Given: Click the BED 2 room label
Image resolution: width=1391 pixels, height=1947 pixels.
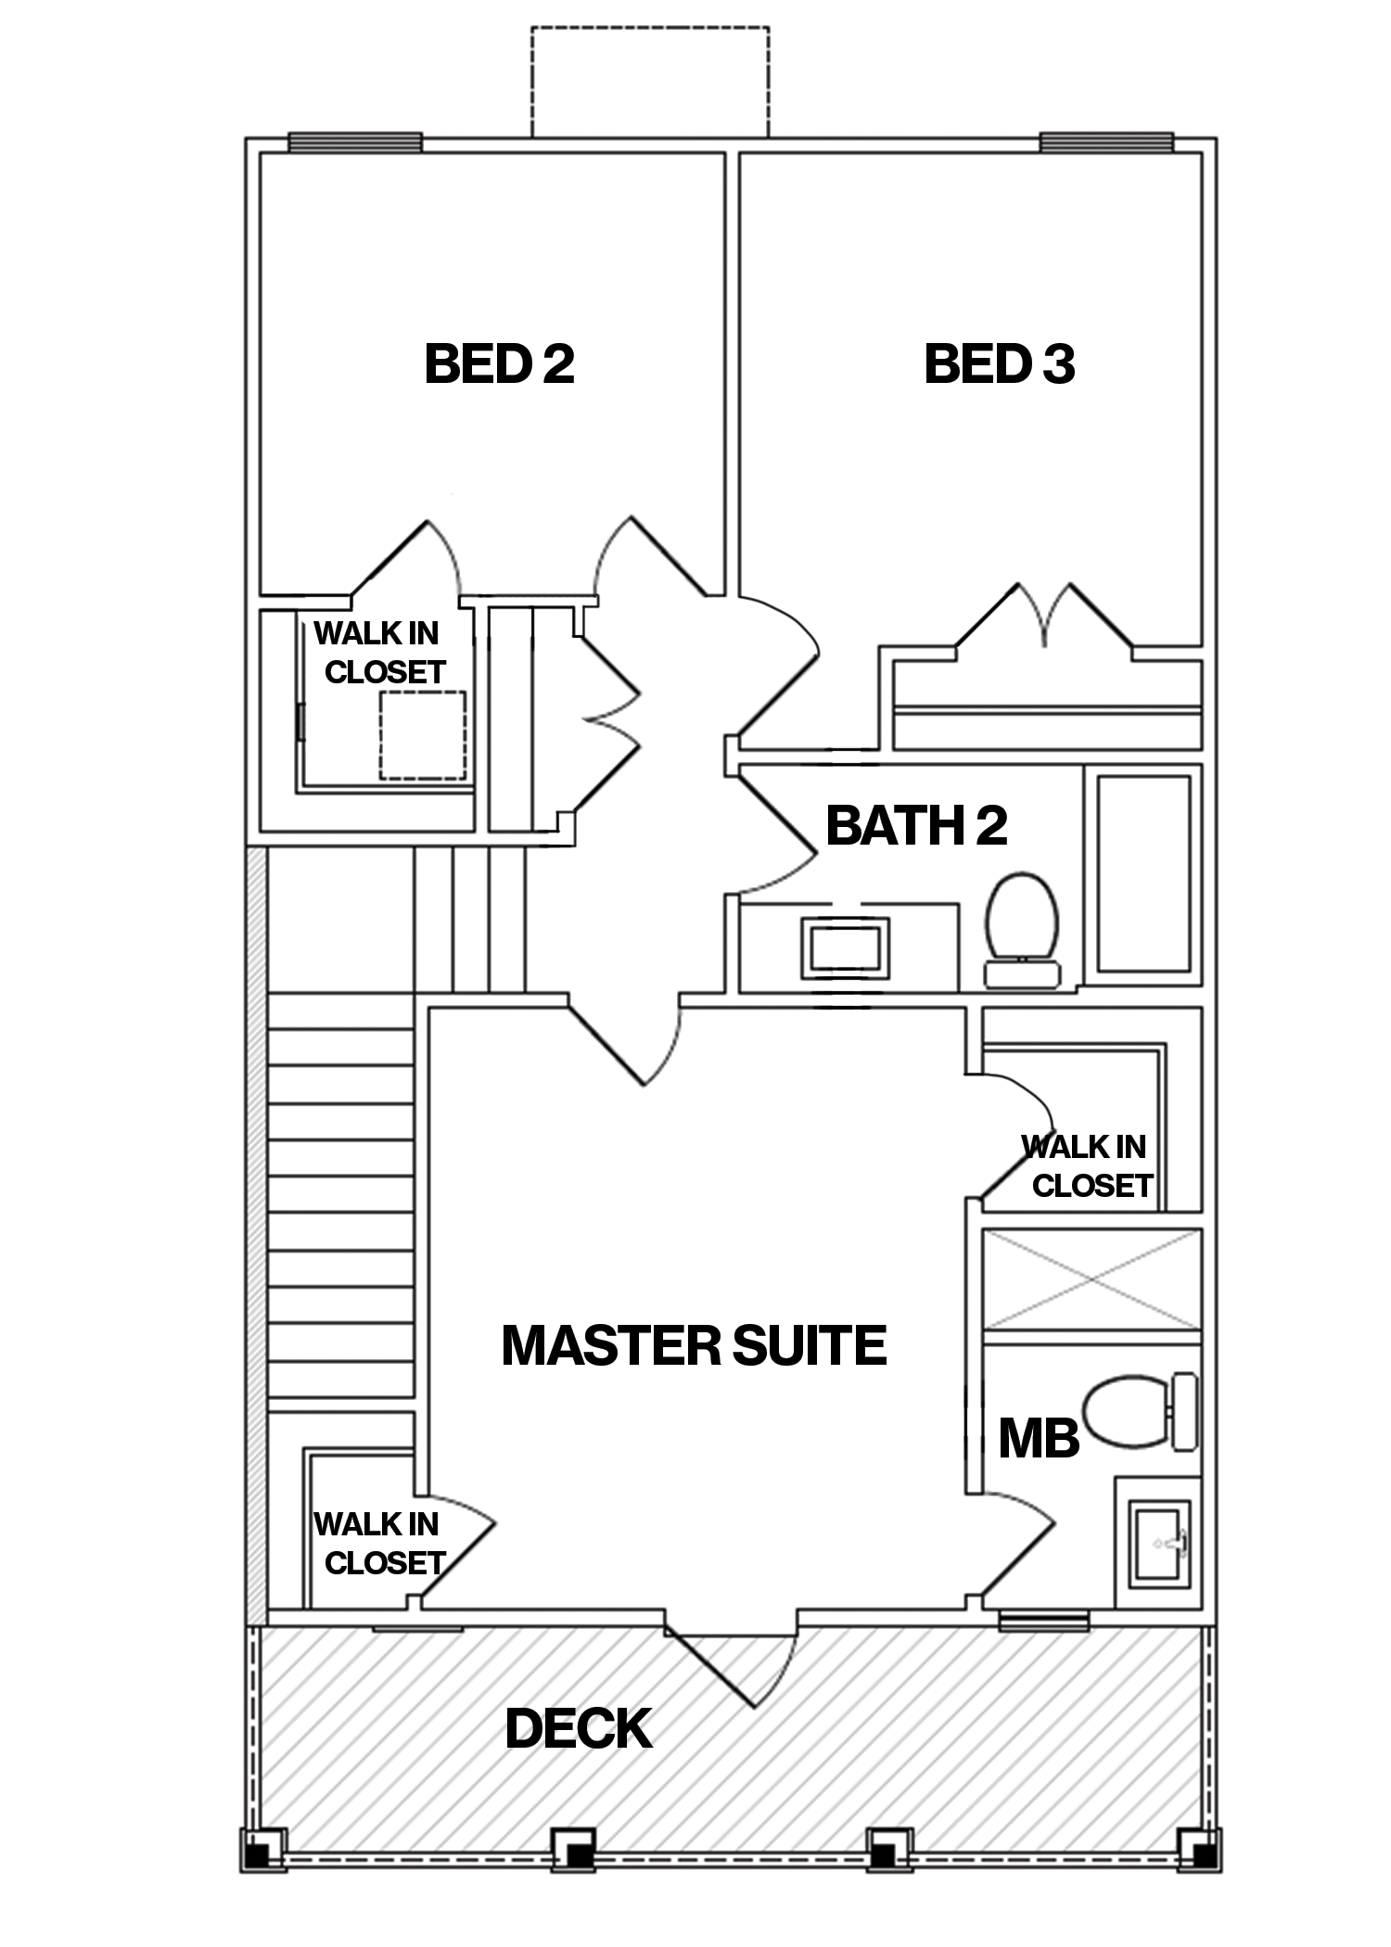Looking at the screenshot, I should click(499, 363).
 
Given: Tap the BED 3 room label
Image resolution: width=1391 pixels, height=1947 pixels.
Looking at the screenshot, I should click(999, 363).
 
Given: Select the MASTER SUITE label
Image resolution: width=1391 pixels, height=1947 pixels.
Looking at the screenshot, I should click(694, 1345).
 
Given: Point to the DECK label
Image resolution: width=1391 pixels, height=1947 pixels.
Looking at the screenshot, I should click(578, 1729).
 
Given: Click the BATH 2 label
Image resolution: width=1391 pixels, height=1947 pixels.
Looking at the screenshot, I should click(915, 825).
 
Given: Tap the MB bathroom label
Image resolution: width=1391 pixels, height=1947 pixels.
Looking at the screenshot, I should click(1038, 1439).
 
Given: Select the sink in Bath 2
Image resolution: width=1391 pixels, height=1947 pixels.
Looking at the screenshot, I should click(845, 948).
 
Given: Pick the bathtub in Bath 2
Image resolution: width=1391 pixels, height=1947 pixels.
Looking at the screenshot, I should click(1143, 873).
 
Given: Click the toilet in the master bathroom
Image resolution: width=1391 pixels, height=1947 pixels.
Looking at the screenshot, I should click(1139, 1412).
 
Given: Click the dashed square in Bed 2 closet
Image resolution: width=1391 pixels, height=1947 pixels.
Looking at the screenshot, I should click(422, 735).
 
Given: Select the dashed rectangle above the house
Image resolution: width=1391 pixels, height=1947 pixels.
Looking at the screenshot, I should click(649, 82).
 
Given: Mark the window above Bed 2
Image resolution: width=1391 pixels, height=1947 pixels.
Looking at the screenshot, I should click(355, 143).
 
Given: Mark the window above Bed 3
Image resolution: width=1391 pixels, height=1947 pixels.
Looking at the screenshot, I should click(1105, 143).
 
